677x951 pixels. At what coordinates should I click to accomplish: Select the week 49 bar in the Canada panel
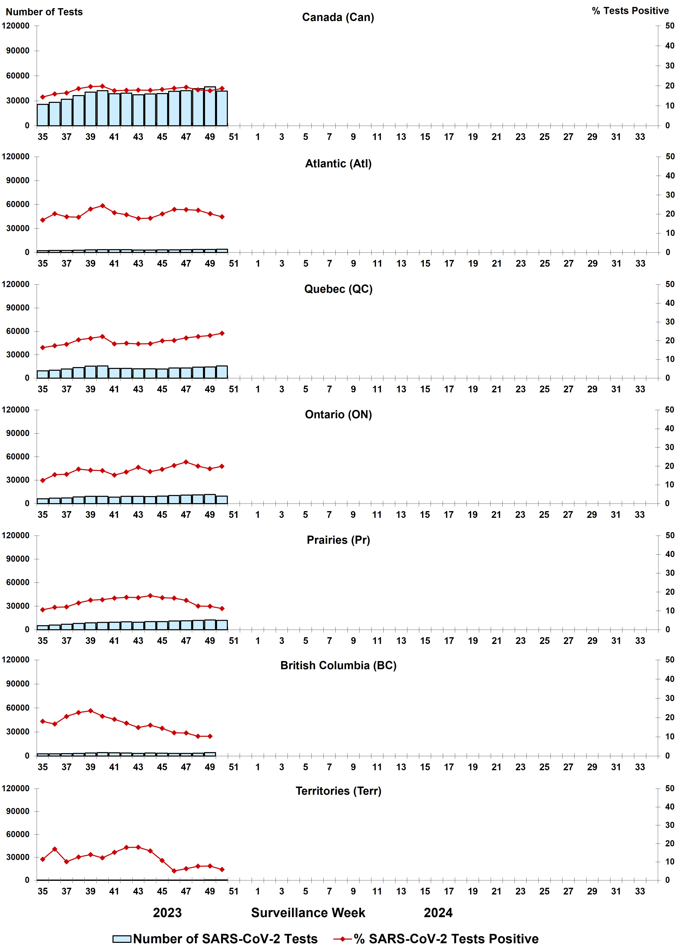[210, 107]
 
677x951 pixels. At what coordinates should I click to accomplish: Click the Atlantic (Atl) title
[338, 164]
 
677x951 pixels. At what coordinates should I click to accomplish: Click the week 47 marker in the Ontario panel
[186, 462]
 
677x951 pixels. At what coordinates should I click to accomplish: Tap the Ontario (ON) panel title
[338, 414]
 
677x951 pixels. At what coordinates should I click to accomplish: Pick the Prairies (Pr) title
[338, 540]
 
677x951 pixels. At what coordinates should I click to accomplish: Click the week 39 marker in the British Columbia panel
[90, 711]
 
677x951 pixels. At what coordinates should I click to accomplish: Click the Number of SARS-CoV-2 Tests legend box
[122, 939]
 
